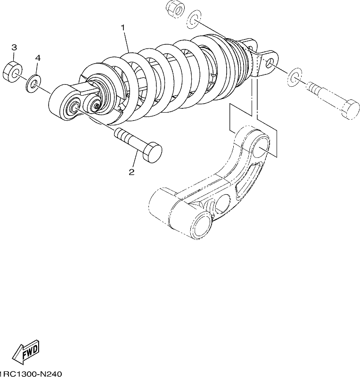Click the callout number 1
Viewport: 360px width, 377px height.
point(123,28)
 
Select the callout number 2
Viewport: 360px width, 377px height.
point(131,172)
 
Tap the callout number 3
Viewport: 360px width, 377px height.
point(14,48)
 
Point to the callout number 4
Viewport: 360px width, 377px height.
point(38,58)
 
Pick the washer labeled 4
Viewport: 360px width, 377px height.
point(33,83)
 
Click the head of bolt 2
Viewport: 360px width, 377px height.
point(153,152)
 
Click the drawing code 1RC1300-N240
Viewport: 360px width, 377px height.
point(31,374)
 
